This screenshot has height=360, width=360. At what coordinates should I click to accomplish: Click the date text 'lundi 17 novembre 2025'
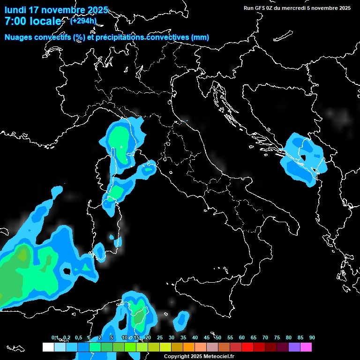tap(56, 10)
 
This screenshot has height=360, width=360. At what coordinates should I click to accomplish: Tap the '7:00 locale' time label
tap(33, 21)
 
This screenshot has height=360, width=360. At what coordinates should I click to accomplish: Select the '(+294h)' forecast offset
tap(84, 21)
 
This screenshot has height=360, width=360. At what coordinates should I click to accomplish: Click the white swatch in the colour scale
tap(48, 347)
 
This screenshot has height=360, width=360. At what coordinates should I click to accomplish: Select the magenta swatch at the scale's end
tap(306, 347)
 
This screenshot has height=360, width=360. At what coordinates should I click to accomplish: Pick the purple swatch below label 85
tap(294, 347)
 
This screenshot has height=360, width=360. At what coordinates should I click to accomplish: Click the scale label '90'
tap(312, 337)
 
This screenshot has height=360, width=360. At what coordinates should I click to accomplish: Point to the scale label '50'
tap(218, 337)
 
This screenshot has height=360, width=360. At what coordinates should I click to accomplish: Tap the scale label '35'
tap(183, 337)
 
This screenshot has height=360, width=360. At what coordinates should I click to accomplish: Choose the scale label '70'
tap(265, 337)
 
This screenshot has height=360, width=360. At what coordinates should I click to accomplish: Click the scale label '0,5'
tap(78, 337)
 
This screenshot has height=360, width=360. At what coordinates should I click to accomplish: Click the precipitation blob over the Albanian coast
tap(302, 158)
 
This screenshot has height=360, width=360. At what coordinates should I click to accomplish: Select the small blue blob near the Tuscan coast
tap(149, 170)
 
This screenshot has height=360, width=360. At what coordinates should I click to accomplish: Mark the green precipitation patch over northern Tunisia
tap(138, 319)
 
